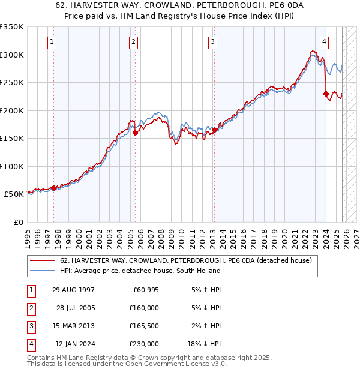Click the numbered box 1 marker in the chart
53,42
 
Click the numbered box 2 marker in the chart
133,42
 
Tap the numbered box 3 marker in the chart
212,42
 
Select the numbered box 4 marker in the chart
324,42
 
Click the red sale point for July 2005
135,133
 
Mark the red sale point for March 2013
214,130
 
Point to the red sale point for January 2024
326,94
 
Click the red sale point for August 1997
53,188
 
